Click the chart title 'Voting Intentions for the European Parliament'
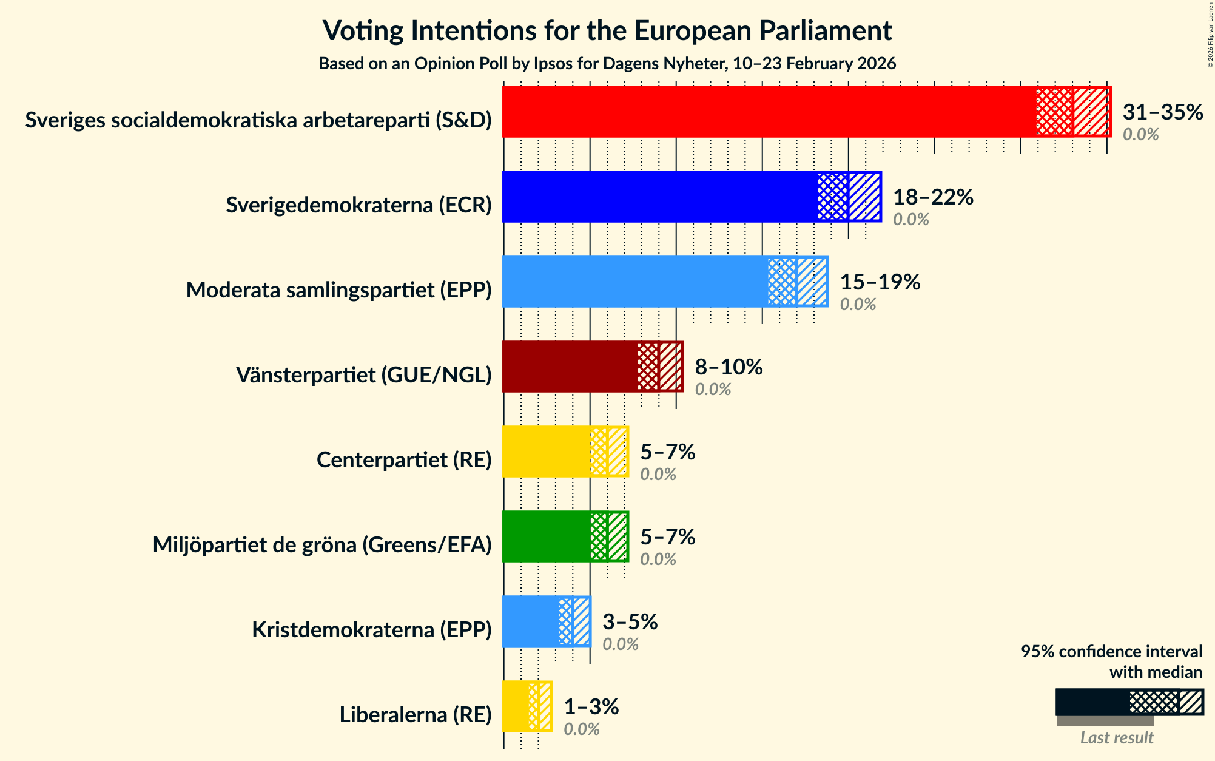tap(607, 30)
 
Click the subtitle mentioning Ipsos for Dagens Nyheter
tap(607, 64)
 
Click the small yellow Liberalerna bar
tap(516, 706)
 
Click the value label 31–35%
tap(1162, 112)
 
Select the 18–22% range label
tap(933, 197)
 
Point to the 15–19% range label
tap(880, 282)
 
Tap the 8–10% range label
tap(729, 367)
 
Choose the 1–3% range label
tap(591, 707)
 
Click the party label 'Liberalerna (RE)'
tap(416, 715)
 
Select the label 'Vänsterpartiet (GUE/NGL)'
tap(363, 375)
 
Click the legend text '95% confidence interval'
tap(1111, 652)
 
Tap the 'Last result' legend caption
tap(1116, 738)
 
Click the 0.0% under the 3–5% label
tap(620, 644)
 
